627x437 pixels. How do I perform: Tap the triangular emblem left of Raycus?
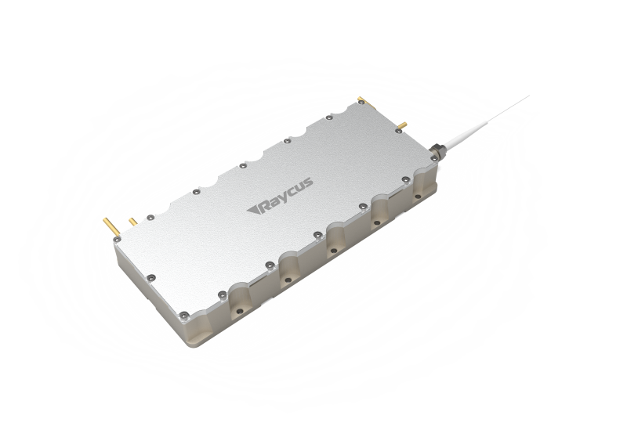tap(253, 210)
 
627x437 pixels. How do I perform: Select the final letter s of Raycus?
tap(308, 184)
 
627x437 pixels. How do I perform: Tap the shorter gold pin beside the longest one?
tap(132, 222)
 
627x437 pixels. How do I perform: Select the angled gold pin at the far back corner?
tap(367, 102)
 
